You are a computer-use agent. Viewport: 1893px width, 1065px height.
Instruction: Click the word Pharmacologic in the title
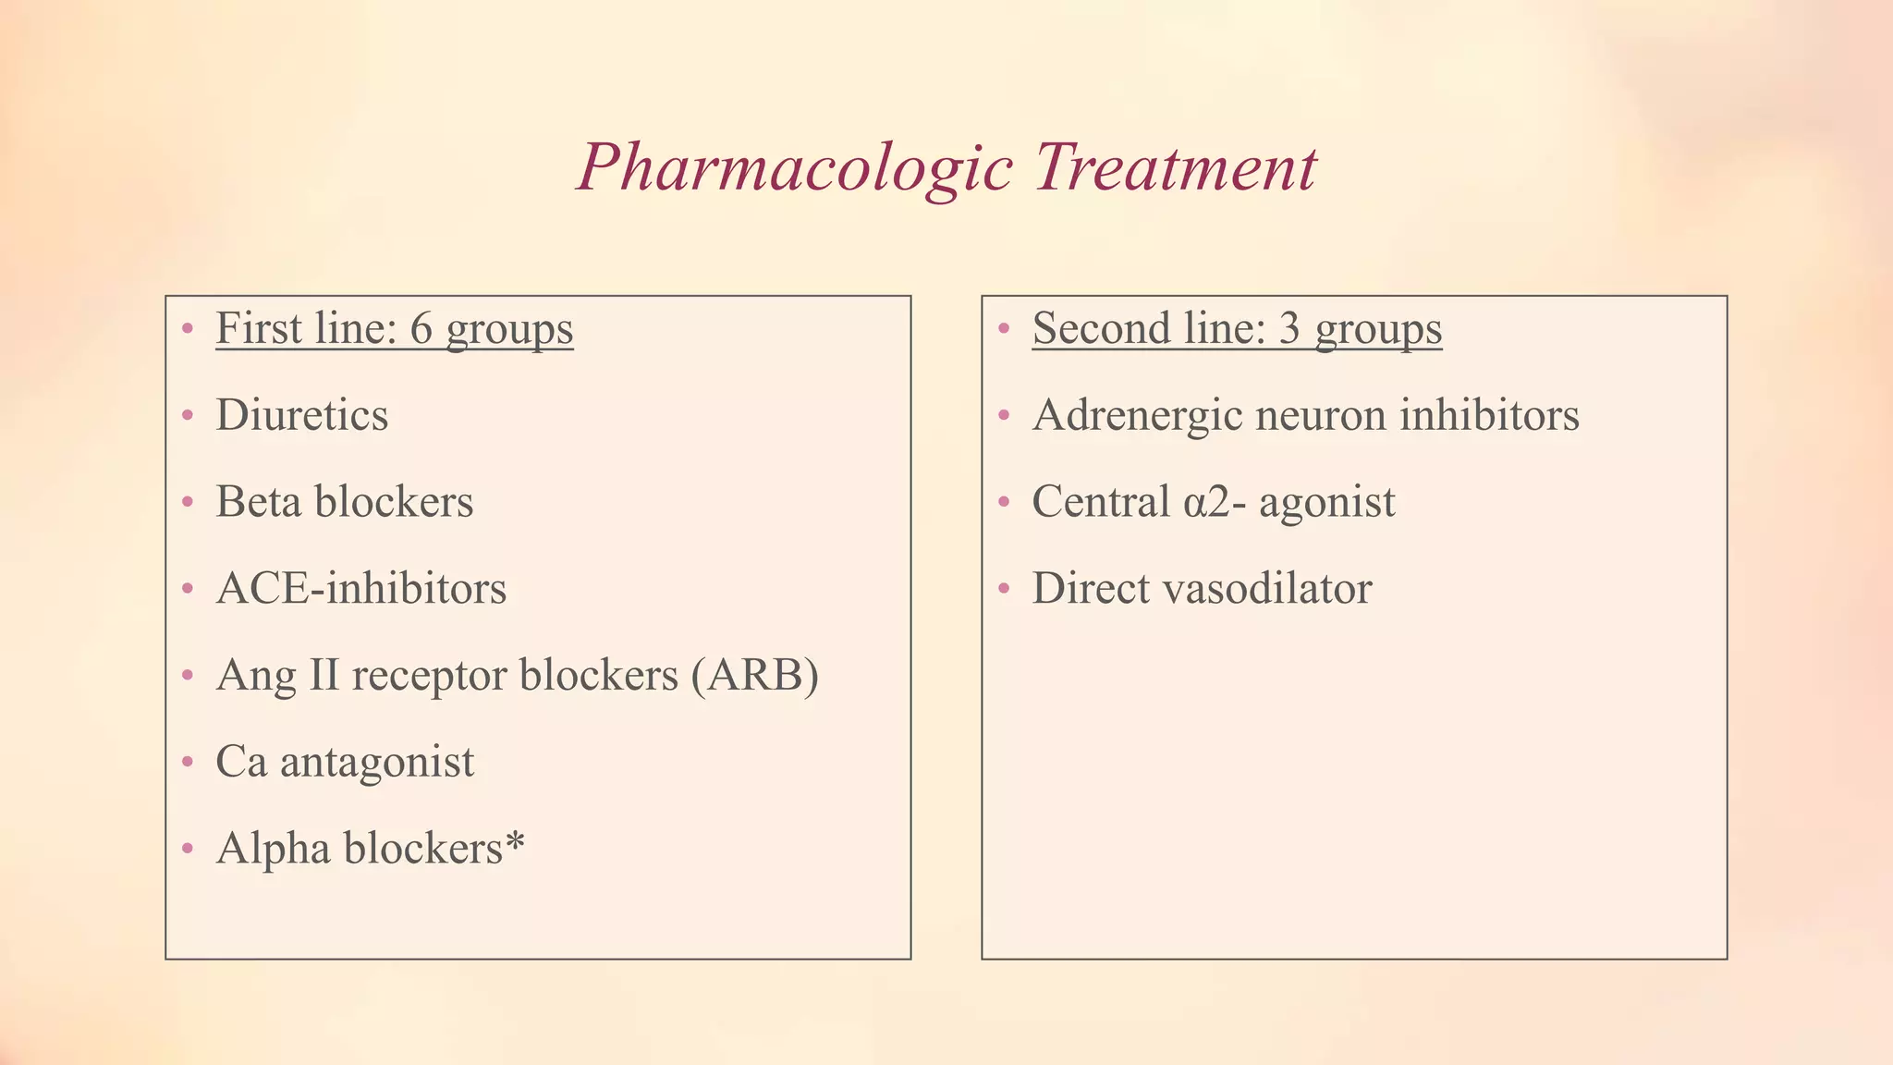point(795,168)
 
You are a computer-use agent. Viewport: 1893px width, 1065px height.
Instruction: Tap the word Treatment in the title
point(1175,168)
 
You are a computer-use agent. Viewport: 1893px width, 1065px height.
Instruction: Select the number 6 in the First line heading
point(421,328)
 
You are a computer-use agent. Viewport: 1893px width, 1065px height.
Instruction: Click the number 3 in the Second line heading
point(1290,328)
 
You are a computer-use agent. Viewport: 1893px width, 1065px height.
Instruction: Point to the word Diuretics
point(301,415)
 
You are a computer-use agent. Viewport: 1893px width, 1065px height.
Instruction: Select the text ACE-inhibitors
point(360,589)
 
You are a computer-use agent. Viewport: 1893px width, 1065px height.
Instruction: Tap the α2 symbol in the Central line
point(1204,502)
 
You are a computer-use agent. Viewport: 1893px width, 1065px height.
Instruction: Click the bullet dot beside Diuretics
point(188,415)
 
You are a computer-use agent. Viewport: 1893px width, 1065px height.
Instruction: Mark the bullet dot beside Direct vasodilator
point(1005,589)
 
